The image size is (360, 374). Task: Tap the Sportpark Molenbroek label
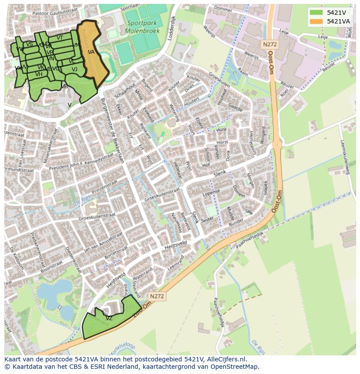point(142,27)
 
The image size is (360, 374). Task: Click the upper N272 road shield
point(270,44)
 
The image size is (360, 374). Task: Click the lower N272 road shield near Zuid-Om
point(157,296)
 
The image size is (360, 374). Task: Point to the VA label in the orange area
point(91,52)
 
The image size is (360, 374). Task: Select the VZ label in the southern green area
point(109,318)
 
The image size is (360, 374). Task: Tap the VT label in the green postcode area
point(60,38)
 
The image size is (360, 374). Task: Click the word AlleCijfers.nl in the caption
point(227,359)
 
